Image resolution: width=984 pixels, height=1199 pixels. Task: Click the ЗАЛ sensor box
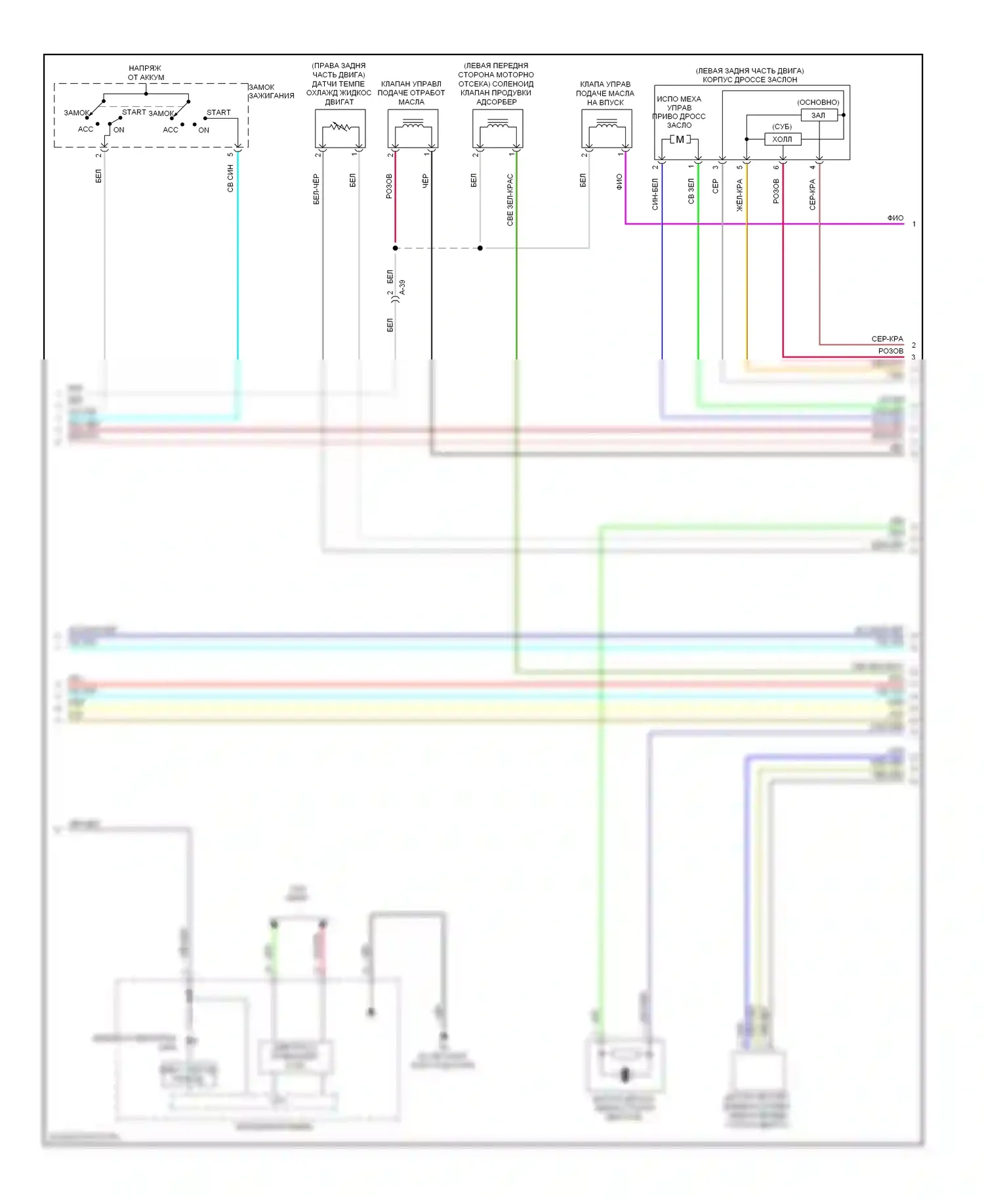pyautogui.click(x=819, y=115)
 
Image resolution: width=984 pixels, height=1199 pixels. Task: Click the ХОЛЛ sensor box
pyautogui.click(x=782, y=139)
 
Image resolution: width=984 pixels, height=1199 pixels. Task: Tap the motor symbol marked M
pyautogui.click(x=680, y=140)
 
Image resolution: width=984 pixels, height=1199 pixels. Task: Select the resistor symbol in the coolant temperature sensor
pyautogui.click(x=340, y=126)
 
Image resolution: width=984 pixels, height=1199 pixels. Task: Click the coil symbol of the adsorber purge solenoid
pyautogui.click(x=498, y=123)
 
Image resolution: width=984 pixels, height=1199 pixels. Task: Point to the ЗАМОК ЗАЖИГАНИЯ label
pyautogui.click(x=271, y=91)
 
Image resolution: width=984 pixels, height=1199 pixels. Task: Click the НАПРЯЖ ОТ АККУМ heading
pyautogui.click(x=146, y=73)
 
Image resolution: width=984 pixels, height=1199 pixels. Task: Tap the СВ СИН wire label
pyautogui.click(x=230, y=178)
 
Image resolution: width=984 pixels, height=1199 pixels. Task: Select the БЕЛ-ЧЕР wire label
pyautogui.click(x=316, y=189)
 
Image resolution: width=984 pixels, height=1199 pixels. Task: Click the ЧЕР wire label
pyautogui.click(x=425, y=181)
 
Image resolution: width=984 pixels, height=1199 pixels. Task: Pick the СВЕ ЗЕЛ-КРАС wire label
pyautogui.click(x=510, y=200)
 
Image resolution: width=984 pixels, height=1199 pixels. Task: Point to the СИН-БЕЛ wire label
pyautogui.click(x=655, y=194)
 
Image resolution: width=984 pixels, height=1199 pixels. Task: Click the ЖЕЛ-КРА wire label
pyautogui.click(x=739, y=195)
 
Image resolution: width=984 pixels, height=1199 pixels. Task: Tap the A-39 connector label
pyautogui.click(x=402, y=287)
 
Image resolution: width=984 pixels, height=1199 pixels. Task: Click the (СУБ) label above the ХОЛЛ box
pyautogui.click(x=781, y=127)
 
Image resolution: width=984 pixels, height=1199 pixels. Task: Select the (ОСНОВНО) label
pyautogui.click(x=818, y=102)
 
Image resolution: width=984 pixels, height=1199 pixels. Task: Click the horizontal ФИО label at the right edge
pyautogui.click(x=895, y=218)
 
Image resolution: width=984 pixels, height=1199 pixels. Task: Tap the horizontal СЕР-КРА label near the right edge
pyautogui.click(x=887, y=339)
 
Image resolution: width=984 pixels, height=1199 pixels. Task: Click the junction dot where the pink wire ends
pyautogui.click(x=395, y=248)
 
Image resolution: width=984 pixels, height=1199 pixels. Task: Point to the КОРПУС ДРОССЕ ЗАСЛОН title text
pyautogui.click(x=749, y=80)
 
